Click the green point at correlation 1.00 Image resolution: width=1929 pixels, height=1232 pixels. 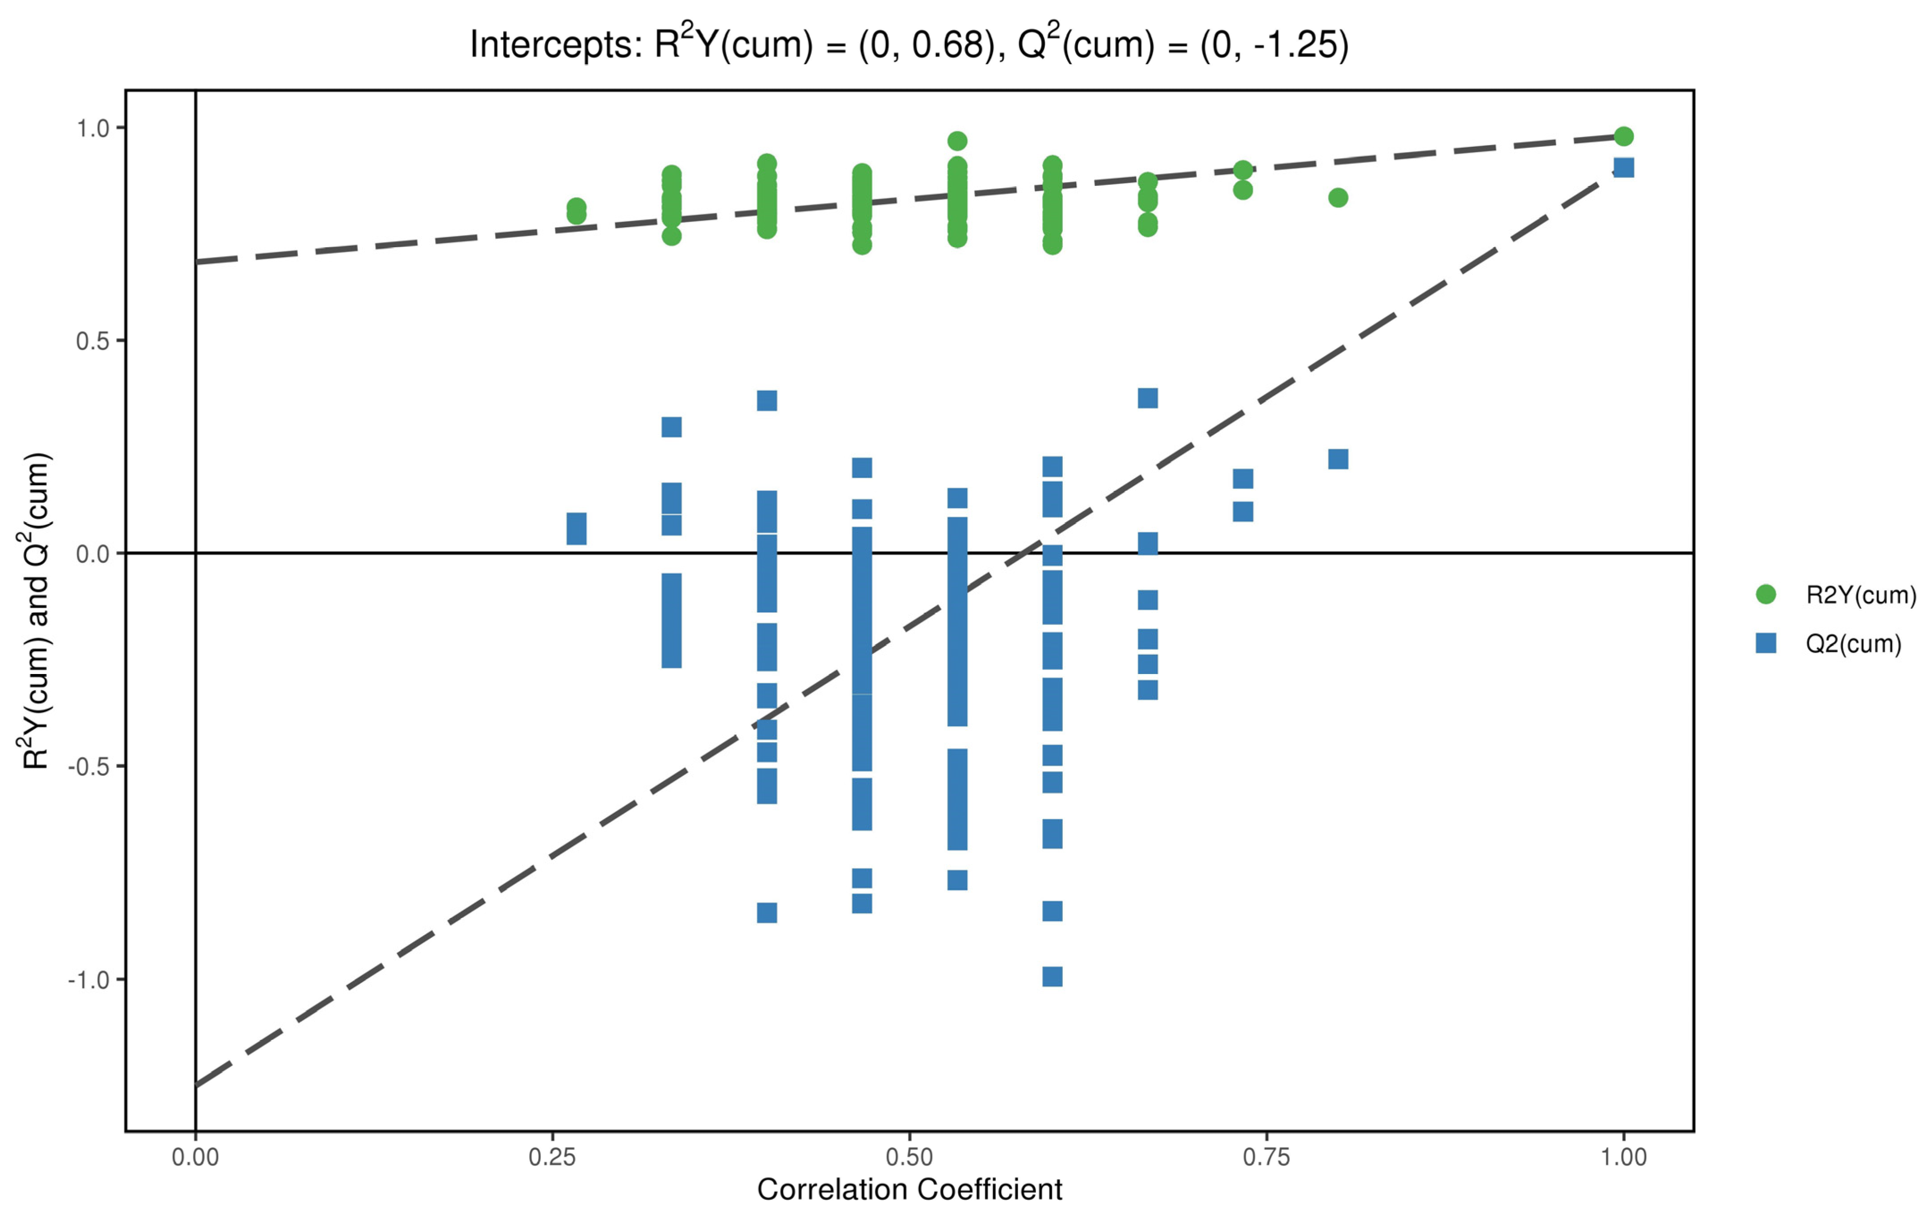click(1624, 136)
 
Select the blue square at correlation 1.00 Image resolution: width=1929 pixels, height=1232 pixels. click(1624, 167)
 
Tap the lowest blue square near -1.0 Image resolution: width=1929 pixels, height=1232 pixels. click(1052, 977)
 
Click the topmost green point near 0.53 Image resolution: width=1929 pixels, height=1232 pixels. click(957, 141)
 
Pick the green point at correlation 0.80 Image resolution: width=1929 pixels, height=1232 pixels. click(1338, 197)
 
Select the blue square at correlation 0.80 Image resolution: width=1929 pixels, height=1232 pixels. click(1338, 459)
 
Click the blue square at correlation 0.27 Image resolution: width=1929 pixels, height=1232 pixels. click(577, 529)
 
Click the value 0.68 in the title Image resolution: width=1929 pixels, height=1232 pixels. click(948, 45)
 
